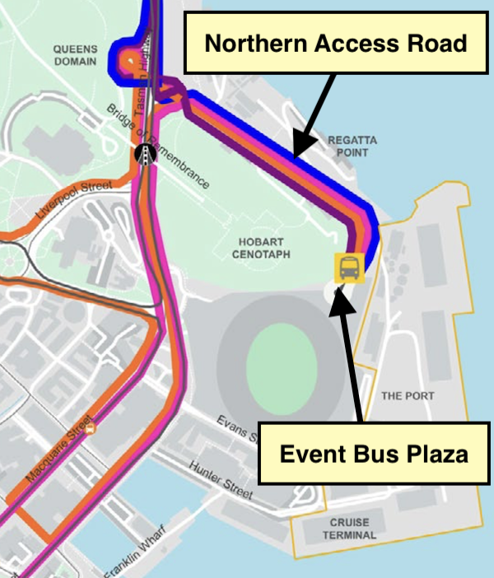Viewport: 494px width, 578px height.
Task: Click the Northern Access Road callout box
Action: tap(336, 44)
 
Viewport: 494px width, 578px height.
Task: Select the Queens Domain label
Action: tap(75, 55)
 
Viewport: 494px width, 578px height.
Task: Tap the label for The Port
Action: tap(408, 396)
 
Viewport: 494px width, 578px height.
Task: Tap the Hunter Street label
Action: tap(220, 480)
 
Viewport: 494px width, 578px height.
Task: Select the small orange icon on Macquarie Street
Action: tap(91, 427)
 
